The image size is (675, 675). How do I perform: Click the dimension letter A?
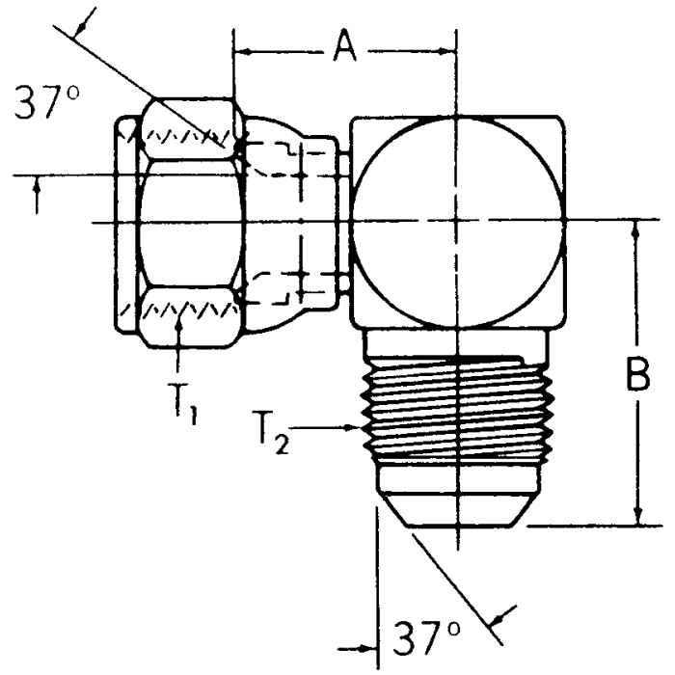click(x=344, y=46)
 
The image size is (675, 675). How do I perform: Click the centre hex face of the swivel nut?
click(x=185, y=224)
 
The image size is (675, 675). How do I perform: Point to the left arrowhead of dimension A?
click(x=241, y=47)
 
